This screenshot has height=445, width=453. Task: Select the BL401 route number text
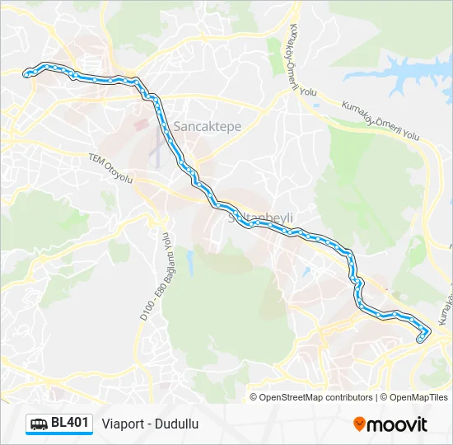click(x=70, y=424)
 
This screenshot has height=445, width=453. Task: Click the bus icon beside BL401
click(x=39, y=424)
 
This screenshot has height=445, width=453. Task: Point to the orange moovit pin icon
click(x=359, y=424)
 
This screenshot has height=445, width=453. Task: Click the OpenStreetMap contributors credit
click(x=316, y=397)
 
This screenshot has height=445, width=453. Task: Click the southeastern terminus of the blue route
click(x=422, y=338)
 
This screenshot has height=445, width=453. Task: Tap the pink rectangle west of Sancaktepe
click(x=140, y=126)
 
